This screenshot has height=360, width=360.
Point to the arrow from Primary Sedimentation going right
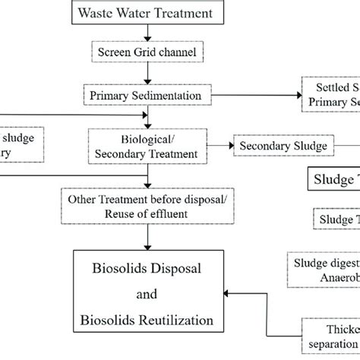pos(251,96)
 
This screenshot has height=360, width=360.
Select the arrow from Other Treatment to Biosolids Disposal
pos(151,236)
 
